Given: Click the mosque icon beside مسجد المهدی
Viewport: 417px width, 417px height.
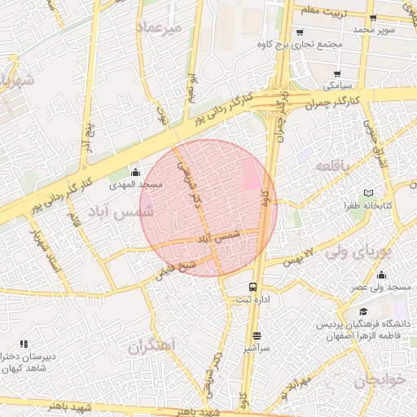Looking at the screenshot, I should pos(135,172).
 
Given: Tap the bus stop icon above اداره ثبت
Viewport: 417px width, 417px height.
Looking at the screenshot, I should pos(253,287).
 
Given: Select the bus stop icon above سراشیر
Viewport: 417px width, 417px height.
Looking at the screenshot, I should pos(257,335).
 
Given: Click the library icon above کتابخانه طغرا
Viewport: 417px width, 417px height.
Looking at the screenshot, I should pos(369,193).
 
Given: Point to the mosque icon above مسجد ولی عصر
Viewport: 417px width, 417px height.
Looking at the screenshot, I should pos(381,275).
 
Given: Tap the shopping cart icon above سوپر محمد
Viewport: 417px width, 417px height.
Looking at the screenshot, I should pos(373,18).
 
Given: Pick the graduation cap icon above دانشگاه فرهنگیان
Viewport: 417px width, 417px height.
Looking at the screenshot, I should pos(363,312).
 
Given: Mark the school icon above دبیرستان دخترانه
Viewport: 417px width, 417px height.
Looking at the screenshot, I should pos(24,344).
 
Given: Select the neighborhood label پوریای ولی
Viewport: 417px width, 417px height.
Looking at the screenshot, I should pos(359,252).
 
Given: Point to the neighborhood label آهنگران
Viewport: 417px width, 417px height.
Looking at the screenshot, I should pos(151,346).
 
